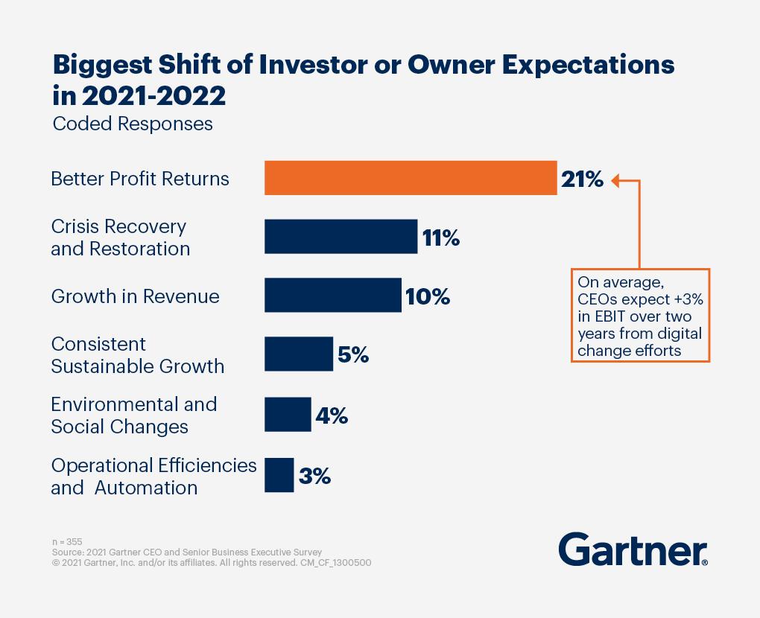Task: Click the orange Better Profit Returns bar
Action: pos(411,178)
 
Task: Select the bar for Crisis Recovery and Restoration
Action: pos(341,237)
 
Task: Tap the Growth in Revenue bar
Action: pos(333,296)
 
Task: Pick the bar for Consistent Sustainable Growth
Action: pos(299,354)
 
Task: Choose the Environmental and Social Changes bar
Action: pos(288,414)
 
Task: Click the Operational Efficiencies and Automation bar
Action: pos(279,475)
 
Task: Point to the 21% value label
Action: pos(583,179)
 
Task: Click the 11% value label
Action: pos(440,238)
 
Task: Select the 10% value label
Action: pos(428,297)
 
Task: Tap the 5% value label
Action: pos(353,355)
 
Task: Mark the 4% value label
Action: pos(332,415)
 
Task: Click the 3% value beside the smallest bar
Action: pos(314,477)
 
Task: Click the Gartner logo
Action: pos(633,550)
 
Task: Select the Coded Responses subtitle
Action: pos(133,124)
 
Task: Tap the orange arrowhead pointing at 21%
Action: pos(616,179)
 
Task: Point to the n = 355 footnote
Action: pos(67,541)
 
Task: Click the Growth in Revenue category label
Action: pos(135,296)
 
